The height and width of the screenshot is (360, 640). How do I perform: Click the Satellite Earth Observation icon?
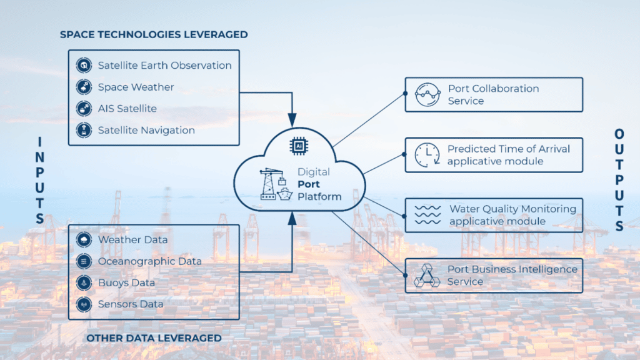pyautogui.click(x=83, y=66)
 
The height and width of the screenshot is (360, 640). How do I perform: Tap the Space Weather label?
pyautogui.click(x=136, y=87)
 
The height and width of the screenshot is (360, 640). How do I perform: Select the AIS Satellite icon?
pyautogui.click(x=83, y=109)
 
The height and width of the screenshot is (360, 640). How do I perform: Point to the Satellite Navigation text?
pyautogui.click(x=146, y=131)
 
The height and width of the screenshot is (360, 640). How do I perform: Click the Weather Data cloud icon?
pyautogui.click(x=83, y=240)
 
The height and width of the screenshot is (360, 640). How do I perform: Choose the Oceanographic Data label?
pyautogui.click(x=149, y=261)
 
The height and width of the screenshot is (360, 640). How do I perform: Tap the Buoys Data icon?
pyautogui.click(x=83, y=283)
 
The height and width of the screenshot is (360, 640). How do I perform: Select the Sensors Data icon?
pyautogui.click(x=83, y=304)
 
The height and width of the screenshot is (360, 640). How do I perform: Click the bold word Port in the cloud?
pyautogui.click(x=309, y=184)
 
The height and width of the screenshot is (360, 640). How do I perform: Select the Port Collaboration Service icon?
pyautogui.click(x=427, y=95)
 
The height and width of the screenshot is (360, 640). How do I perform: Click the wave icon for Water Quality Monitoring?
pyautogui.click(x=428, y=214)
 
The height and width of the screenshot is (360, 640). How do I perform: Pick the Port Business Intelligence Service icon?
pyautogui.click(x=427, y=276)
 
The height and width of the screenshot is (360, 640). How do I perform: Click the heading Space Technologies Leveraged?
pyautogui.click(x=154, y=34)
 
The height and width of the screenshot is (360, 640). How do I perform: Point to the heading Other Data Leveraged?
pyautogui.click(x=154, y=338)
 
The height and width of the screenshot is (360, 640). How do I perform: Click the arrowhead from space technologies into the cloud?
pyautogui.click(x=291, y=119)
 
